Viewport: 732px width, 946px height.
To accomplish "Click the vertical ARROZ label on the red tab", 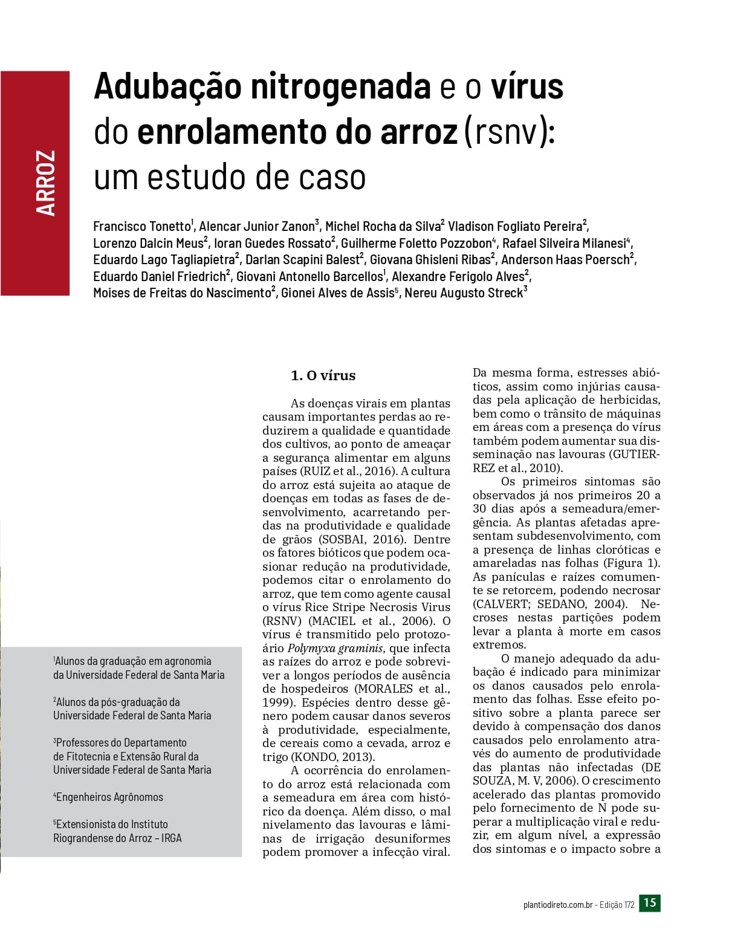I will coord(46,183).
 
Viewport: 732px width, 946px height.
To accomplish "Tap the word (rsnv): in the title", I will coord(509,132).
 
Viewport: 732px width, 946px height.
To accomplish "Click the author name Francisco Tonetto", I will coord(141,227).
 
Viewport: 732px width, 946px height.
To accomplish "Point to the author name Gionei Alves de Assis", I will coord(337,293).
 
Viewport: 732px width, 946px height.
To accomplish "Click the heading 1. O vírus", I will coord(323,375).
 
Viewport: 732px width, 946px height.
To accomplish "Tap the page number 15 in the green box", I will coord(650,903).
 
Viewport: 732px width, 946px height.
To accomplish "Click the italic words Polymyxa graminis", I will coord(343,649).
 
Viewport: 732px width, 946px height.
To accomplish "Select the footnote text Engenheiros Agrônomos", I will coord(109,797).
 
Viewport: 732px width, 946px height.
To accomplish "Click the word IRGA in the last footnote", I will coord(172,838).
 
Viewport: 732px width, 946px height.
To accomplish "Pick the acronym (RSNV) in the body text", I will coord(282,621).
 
